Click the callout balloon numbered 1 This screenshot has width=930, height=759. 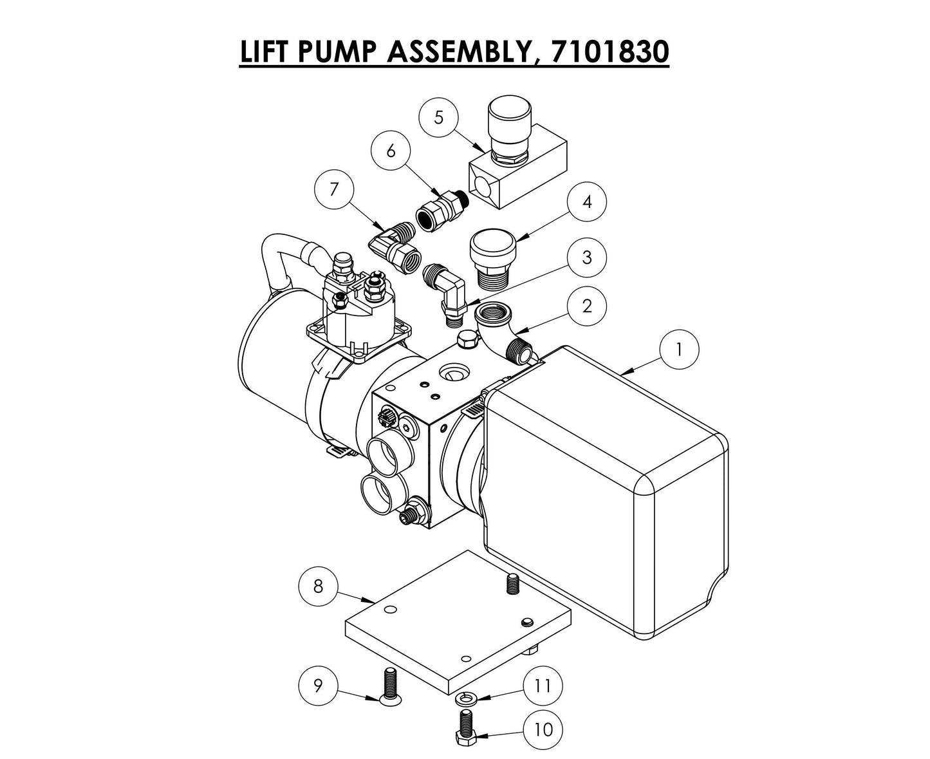[x=678, y=350]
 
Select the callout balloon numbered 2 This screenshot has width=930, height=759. [x=586, y=306]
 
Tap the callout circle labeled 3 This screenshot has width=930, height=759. [x=586, y=258]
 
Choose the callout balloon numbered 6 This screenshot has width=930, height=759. [x=391, y=151]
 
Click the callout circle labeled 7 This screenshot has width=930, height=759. [x=333, y=191]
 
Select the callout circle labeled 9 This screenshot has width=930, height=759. [x=318, y=686]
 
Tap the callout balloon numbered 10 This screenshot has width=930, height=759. [x=543, y=729]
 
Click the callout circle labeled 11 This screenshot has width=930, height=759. [x=543, y=686]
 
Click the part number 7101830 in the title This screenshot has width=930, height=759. [x=609, y=52]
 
